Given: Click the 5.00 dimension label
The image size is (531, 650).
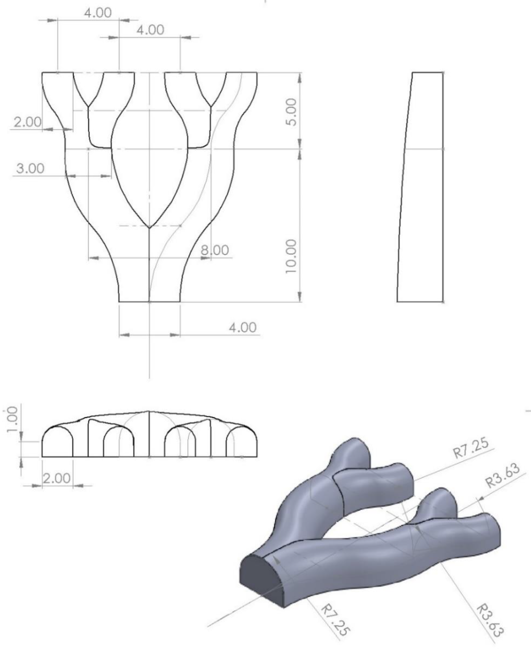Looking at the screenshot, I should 292,112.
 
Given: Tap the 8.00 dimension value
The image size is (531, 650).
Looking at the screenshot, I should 215,250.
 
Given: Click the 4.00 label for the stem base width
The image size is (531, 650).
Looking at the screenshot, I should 243,328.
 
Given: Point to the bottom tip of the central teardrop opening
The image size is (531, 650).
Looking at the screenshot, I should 149,227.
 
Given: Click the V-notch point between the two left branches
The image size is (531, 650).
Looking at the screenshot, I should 88,106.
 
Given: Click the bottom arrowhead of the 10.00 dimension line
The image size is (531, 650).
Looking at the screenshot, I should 299,296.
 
